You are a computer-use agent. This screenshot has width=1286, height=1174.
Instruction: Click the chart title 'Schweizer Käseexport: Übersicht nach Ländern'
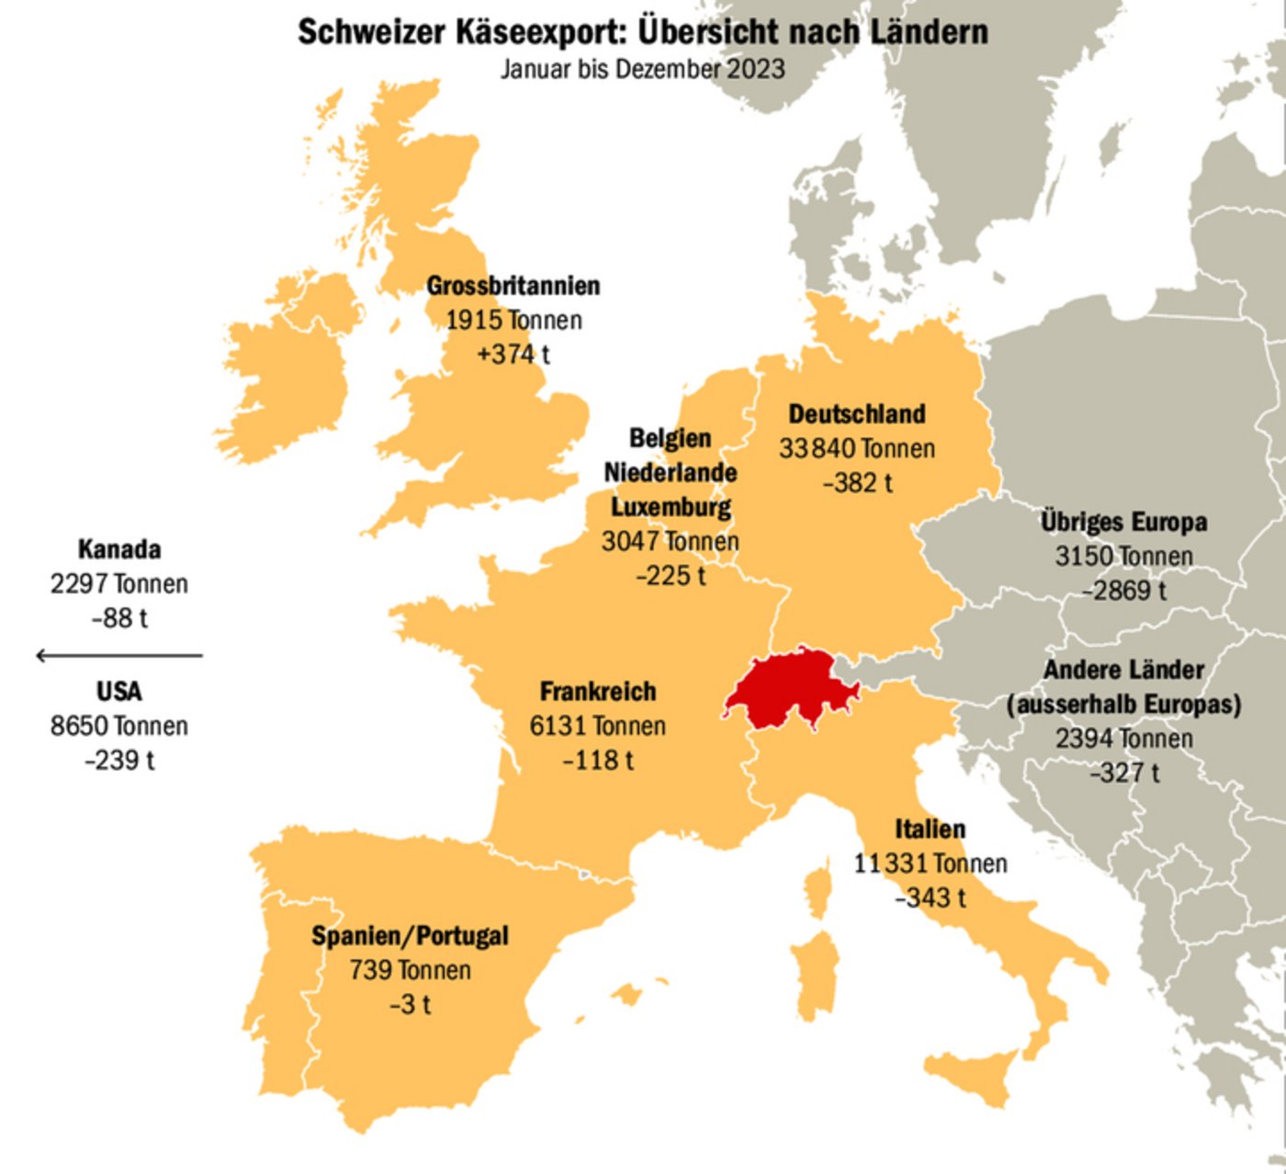(x=643, y=32)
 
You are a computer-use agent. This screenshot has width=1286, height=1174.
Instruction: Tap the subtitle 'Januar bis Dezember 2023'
(x=643, y=69)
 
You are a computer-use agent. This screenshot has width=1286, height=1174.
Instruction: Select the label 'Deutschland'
(x=857, y=414)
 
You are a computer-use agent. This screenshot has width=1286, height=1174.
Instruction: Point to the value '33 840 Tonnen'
(x=857, y=448)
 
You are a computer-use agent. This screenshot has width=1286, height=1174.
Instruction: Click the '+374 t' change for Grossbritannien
(x=513, y=354)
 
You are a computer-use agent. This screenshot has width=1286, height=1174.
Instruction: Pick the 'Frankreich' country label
(x=598, y=691)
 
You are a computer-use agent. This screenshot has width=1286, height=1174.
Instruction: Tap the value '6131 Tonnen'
(x=598, y=726)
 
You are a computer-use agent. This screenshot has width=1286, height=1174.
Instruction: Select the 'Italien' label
(x=931, y=829)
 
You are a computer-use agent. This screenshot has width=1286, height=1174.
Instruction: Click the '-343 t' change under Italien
(x=931, y=897)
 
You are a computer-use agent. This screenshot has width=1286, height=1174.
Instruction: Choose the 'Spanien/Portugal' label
(x=410, y=936)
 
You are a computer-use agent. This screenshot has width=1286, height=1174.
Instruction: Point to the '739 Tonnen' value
(x=410, y=970)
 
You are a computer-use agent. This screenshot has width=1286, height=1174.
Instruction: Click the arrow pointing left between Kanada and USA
(x=118, y=655)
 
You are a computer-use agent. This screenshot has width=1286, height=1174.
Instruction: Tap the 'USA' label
(x=118, y=691)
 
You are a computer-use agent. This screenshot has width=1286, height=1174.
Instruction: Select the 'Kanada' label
(x=118, y=549)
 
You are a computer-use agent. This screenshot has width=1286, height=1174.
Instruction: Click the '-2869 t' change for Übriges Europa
(x=1123, y=591)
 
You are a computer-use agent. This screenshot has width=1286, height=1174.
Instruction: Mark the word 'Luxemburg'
(x=671, y=507)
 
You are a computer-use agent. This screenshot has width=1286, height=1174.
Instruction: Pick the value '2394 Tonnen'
(x=1123, y=739)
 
